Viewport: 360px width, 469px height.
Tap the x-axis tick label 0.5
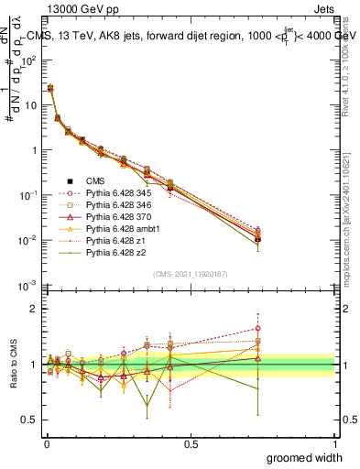tap(191, 442)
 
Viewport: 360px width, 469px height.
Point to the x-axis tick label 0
tap(47, 442)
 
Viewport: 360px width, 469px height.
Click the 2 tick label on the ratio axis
tap(33, 309)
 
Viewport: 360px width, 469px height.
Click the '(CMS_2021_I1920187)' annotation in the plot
tap(190, 274)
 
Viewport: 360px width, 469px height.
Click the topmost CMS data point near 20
tap(49, 89)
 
